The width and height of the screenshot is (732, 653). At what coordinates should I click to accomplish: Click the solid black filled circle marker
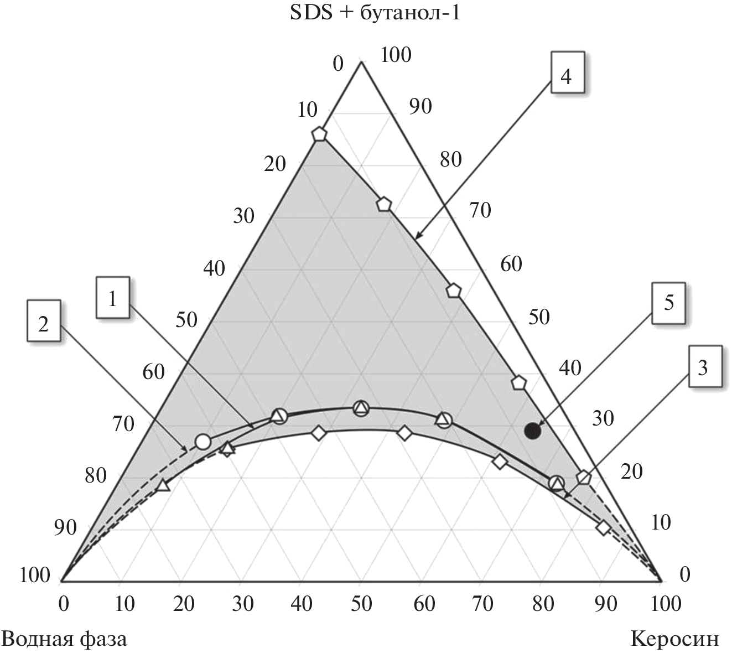pyautogui.click(x=532, y=430)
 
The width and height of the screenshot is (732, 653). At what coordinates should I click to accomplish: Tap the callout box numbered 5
pyautogui.click(x=668, y=303)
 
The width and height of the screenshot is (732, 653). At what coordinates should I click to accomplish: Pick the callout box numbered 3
pyautogui.click(x=702, y=367)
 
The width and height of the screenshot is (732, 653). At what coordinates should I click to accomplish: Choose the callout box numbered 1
pyautogui.click(x=113, y=299)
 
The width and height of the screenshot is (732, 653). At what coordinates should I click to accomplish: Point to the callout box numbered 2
pyautogui.click(x=43, y=324)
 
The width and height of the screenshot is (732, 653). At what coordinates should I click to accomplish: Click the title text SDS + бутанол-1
pyautogui.click(x=375, y=13)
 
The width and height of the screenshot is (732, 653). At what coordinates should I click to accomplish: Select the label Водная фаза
pyautogui.click(x=65, y=639)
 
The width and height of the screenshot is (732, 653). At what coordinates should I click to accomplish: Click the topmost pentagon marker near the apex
pyautogui.click(x=319, y=134)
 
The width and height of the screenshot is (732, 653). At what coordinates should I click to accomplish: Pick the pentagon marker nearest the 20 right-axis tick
pyautogui.click(x=583, y=477)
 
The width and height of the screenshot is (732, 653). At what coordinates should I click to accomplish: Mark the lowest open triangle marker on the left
pyautogui.click(x=163, y=486)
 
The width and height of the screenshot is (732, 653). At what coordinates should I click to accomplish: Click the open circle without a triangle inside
pyautogui.click(x=203, y=442)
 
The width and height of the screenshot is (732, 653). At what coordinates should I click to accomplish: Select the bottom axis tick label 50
pyautogui.click(x=361, y=603)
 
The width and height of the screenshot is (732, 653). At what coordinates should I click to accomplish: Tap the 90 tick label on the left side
pyautogui.click(x=65, y=527)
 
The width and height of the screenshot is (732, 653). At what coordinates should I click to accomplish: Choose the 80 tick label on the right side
pyautogui.click(x=450, y=159)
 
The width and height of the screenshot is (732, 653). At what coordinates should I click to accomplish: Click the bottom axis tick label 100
pyautogui.click(x=662, y=603)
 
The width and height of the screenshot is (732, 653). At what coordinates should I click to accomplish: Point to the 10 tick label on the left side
pyautogui.click(x=307, y=110)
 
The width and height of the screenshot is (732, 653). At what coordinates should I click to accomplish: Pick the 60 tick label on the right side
pyautogui.click(x=511, y=264)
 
